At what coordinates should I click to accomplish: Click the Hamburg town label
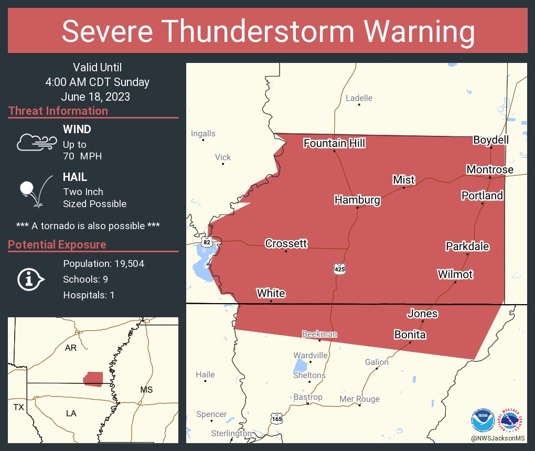point(357,200)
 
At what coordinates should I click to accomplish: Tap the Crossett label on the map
point(286,243)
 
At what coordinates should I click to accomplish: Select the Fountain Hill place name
point(334,143)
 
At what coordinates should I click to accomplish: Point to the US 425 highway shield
point(339,269)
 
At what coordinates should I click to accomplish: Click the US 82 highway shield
point(207,242)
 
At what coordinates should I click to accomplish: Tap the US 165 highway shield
point(276,418)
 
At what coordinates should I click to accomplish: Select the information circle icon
point(31,279)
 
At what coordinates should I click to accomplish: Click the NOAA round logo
point(483,421)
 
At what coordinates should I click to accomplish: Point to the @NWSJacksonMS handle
point(498,438)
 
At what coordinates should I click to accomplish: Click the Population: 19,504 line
point(103,263)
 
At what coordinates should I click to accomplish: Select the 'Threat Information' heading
point(58,111)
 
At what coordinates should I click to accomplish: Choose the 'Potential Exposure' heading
point(57,244)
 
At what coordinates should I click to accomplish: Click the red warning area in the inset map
point(93,379)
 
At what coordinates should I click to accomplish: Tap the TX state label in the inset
point(19,407)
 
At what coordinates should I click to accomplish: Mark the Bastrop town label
point(308,397)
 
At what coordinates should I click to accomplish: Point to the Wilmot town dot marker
point(455,282)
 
